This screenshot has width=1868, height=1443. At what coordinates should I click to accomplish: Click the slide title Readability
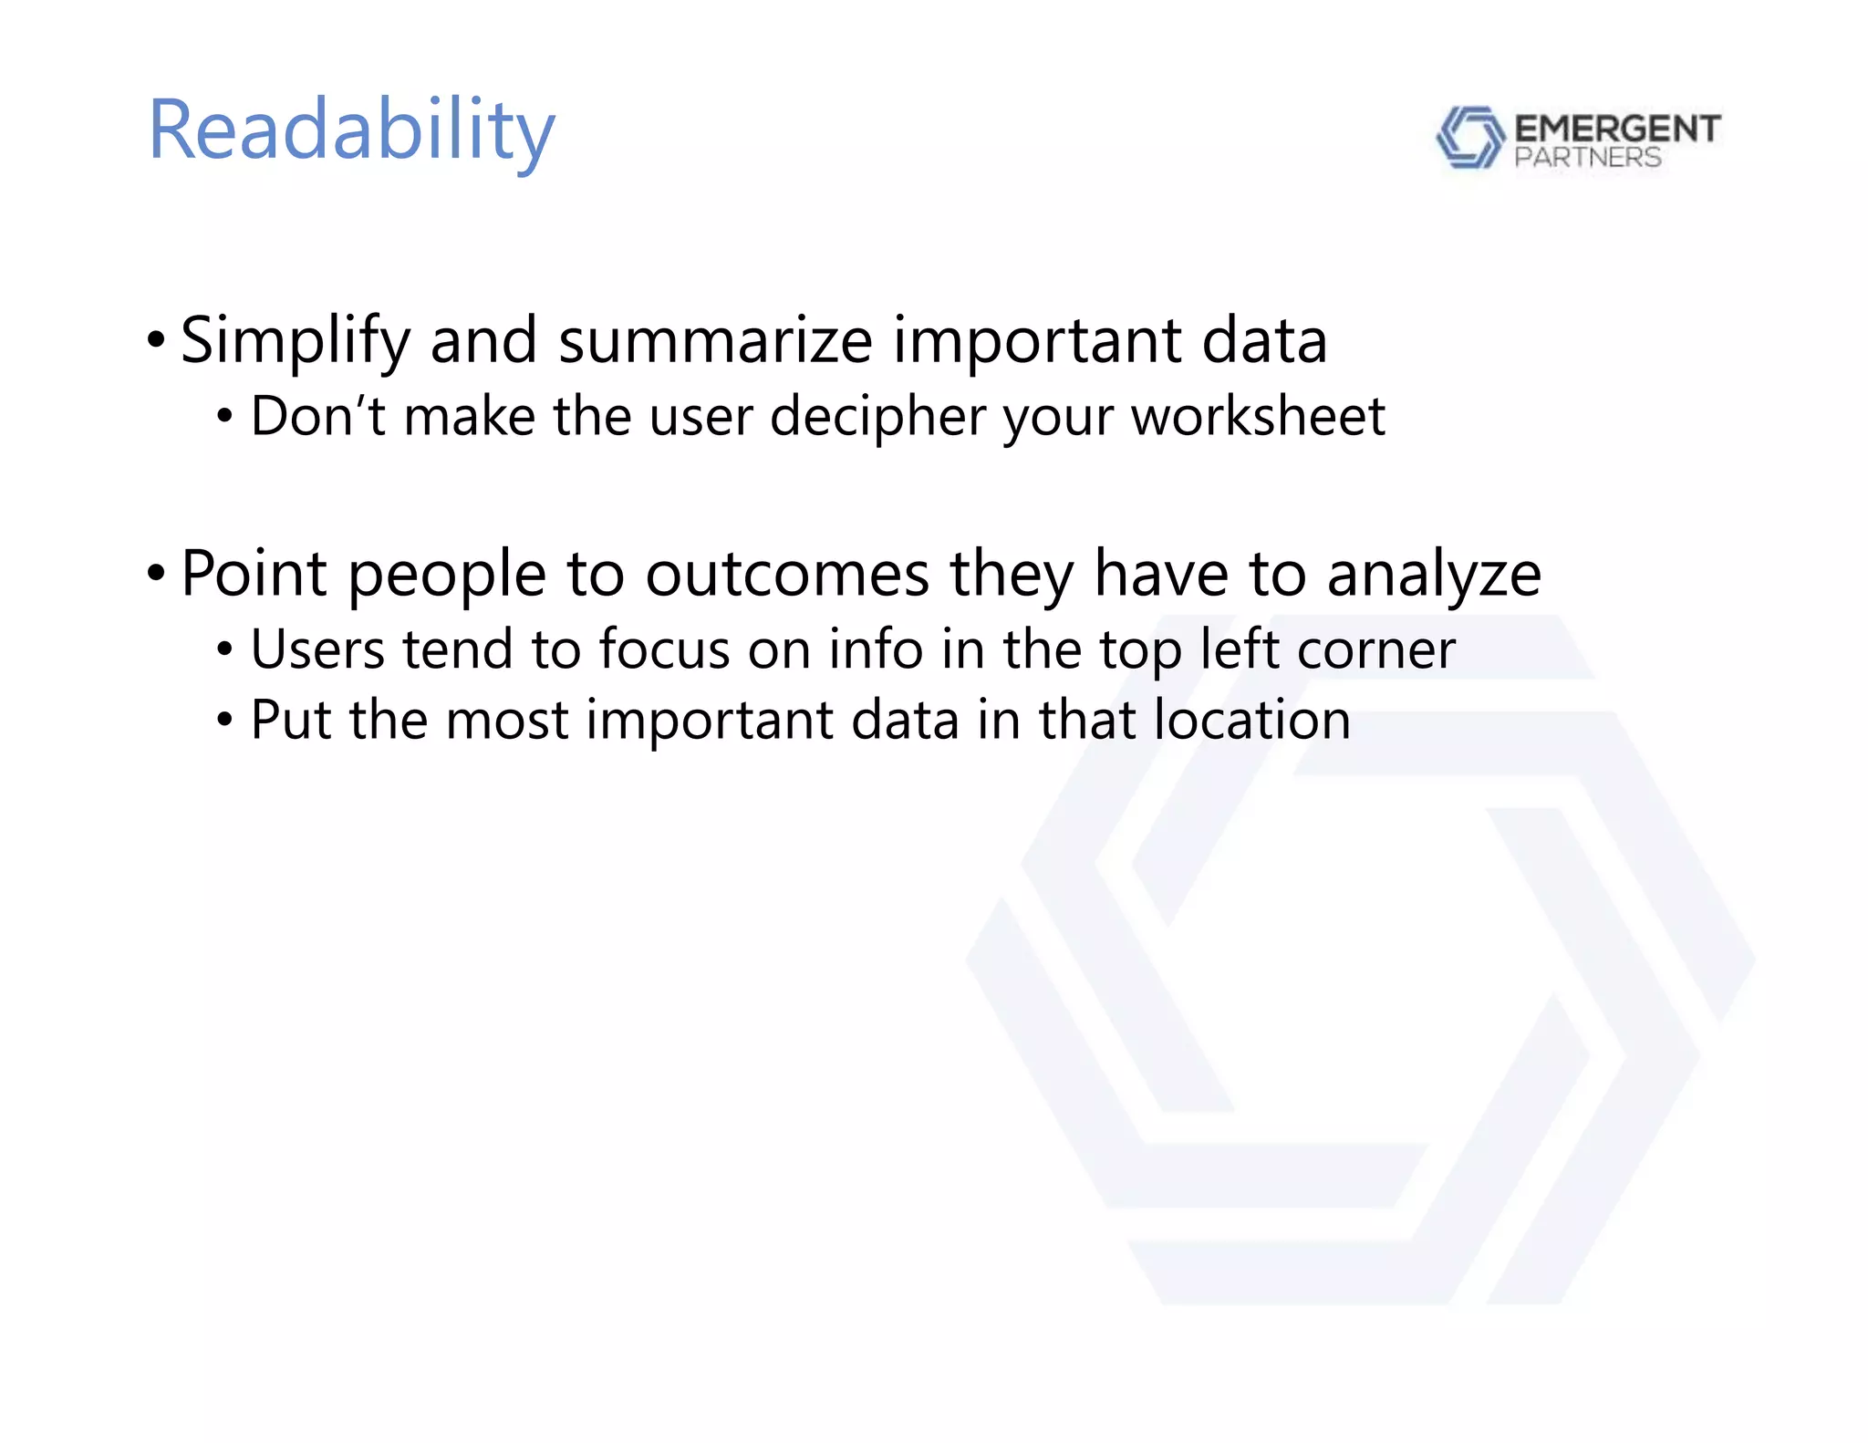coord(351,130)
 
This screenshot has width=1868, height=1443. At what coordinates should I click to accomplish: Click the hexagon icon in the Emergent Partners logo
coord(1469,137)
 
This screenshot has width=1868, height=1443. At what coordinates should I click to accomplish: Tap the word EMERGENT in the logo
coord(1617,129)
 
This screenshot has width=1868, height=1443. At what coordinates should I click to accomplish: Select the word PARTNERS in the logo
coord(1587,158)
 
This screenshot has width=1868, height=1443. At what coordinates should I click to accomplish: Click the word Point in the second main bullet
coord(254,574)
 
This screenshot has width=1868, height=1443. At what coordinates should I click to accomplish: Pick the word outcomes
coord(787,574)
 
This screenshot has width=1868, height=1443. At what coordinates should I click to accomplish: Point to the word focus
coord(664,649)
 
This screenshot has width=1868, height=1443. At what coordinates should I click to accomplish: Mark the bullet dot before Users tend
coord(224,650)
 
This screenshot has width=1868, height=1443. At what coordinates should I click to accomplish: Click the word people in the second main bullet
coord(447,576)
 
